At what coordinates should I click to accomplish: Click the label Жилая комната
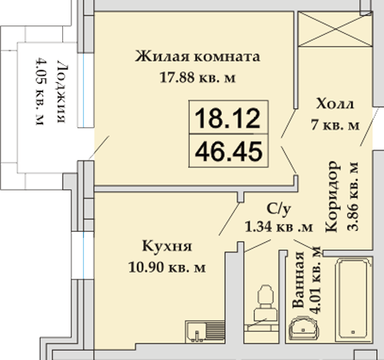pyautogui.click(x=197, y=57)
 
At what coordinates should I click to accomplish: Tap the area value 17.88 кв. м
pyautogui.click(x=197, y=78)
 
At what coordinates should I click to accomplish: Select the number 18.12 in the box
pyautogui.click(x=227, y=118)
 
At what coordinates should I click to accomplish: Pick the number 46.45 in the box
pyautogui.click(x=229, y=151)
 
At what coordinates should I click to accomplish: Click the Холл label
pyautogui.click(x=335, y=104)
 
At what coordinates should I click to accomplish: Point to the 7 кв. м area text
pyautogui.click(x=336, y=125)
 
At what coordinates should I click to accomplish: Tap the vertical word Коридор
pyautogui.click(x=333, y=197)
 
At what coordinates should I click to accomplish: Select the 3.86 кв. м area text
pyautogui.click(x=353, y=197)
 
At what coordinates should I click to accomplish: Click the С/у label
pyautogui.click(x=279, y=209)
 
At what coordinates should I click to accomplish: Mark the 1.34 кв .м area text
pyautogui.click(x=279, y=226)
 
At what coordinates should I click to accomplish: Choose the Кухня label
pyautogui.click(x=167, y=246)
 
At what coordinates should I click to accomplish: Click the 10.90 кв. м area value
pyautogui.click(x=167, y=267)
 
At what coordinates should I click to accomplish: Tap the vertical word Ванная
pyautogui.click(x=299, y=279)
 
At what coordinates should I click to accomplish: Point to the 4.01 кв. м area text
pyautogui.click(x=316, y=280)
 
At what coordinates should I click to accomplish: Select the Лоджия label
pyautogui.click(x=62, y=91)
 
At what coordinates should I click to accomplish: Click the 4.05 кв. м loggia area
pyautogui.click(x=41, y=92)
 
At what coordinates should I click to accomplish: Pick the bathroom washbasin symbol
pyautogui.click(x=303, y=329)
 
